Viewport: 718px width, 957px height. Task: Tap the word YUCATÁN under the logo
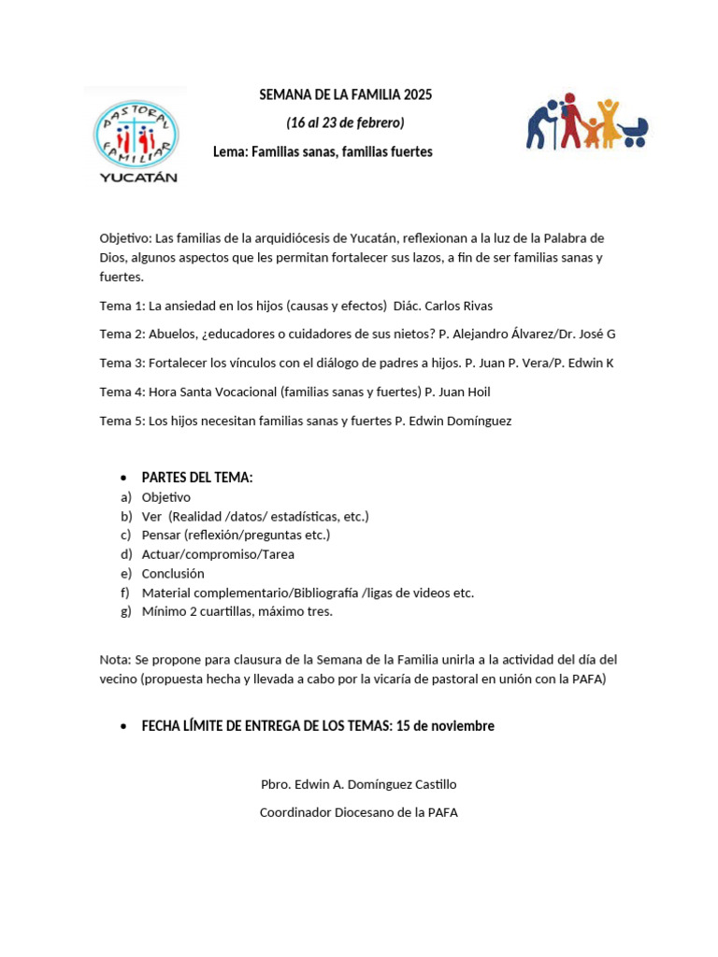[x=137, y=177]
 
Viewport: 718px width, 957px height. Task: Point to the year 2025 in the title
[x=418, y=95]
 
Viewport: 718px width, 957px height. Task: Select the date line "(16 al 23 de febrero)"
[x=345, y=123]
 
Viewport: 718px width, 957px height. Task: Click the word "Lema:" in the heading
[x=230, y=151]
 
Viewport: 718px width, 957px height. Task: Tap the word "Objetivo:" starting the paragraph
[x=125, y=238]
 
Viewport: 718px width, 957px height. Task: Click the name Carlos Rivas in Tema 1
[x=459, y=306]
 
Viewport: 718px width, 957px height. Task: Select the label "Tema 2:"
[x=122, y=335]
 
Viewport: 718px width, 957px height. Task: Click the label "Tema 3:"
[x=122, y=364]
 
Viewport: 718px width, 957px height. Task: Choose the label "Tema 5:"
[x=122, y=421]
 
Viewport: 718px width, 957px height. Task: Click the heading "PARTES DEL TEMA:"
[x=197, y=478]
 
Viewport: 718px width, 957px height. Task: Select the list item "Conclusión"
[x=173, y=574]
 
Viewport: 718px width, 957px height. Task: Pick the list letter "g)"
[x=126, y=612]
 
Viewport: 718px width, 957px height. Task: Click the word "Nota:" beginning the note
[x=116, y=660]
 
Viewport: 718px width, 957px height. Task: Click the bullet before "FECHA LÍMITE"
[x=124, y=727]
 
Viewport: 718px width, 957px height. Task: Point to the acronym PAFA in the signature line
[x=441, y=813]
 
